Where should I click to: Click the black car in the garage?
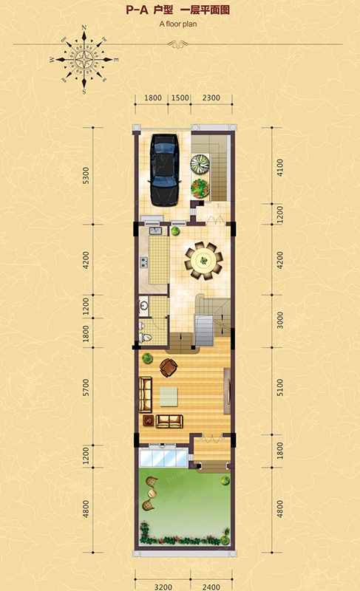pyautogui.click(x=164, y=170)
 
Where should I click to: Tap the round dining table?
pyautogui.click(x=203, y=261)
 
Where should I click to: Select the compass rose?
pyautogui.click(x=84, y=60)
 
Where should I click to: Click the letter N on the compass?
pyautogui.click(x=84, y=27)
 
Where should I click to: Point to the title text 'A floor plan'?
pyautogui.click(x=178, y=24)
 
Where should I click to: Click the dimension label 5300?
pyautogui.click(x=86, y=176)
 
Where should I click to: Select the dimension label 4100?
pyautogui.click(x=279, y=168)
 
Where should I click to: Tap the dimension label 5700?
pyautogui.click(x=86, y=387)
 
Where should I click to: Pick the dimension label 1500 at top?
pyautogui.click(x=180, y=98)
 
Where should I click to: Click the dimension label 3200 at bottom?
pyautogui.click(x=163, y=587)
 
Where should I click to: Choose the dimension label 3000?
pyautogui.click(x=279, y=320)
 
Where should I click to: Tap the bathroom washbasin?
pyautogui.click(x=143, y=306)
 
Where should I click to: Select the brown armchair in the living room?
pyautogui.click(x=168, y=367)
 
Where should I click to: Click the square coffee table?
pyautogui.click(x=169, y=397)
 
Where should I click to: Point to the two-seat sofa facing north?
pyautogui.click(x=169, y=421)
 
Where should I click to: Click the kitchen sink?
pyautogui.click(x=155, y=231)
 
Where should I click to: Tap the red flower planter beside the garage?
pyautogui.click(x=200, y=188)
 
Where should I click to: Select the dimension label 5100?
pyautogui.click(x=279, y=387)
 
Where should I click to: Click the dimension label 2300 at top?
pyautogui.click(x=211, y=98)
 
